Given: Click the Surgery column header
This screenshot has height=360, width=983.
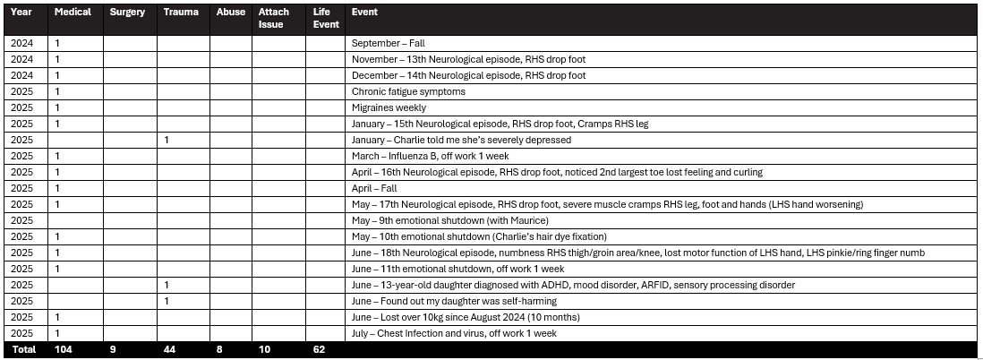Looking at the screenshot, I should point(127,13).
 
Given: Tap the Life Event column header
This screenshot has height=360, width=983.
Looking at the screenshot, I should point(326,18).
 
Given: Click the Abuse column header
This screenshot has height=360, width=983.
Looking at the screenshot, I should point(231,13).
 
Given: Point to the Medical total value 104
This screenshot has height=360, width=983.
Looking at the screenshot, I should point(64,349).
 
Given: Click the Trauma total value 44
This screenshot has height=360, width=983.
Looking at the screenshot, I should point(169,349).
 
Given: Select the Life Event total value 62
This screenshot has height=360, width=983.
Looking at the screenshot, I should point(319,349).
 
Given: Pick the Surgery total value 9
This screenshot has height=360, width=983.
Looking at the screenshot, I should point(112,349).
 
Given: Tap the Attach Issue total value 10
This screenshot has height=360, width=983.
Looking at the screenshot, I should point(264,349).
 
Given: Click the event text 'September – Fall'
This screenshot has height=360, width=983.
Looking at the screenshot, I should point(387,43).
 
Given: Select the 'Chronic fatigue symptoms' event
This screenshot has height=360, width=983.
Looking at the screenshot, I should point(408,91).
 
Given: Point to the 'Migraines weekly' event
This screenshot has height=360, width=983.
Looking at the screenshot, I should point(389,107).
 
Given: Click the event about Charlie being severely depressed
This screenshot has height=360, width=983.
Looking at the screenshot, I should point(461,140).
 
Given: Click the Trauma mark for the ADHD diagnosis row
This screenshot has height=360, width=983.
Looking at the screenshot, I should point(167,285).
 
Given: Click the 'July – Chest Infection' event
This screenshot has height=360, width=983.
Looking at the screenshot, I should point(454,333).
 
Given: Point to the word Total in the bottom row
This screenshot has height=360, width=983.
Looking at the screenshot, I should point(23,349).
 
